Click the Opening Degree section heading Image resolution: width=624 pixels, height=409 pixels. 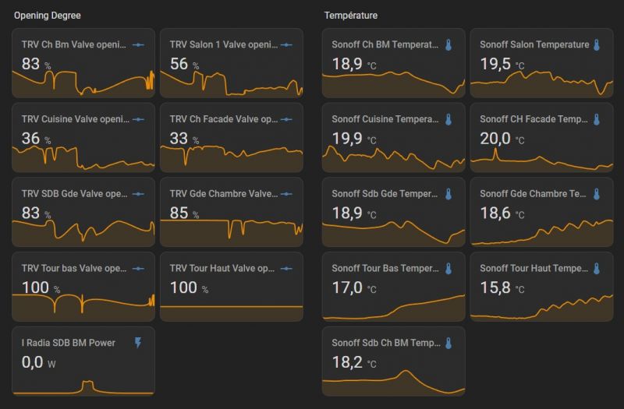tap(47, 16)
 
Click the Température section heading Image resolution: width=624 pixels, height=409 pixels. tap(351, 16)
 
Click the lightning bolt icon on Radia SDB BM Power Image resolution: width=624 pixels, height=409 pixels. tap(138, 343)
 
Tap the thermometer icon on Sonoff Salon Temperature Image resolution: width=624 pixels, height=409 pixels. tap(597, 45)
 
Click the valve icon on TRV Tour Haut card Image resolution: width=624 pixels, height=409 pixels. tap(286, 269)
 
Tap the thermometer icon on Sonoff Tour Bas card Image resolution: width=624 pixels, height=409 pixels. tap(448, 269)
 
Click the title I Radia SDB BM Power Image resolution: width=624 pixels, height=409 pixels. tap(69, 343)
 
